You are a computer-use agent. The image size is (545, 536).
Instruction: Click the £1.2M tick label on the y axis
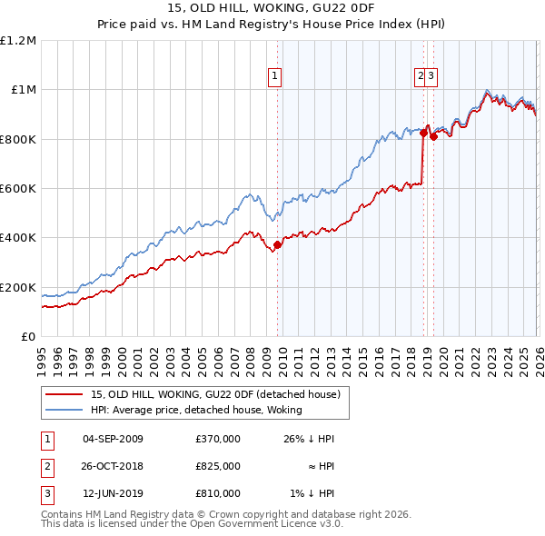pos(19,41)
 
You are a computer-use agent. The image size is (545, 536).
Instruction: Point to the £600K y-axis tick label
pos(18,189)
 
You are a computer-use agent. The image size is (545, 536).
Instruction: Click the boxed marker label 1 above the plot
pos(274,77)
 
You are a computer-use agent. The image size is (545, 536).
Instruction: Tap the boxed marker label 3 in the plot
pos(431,77)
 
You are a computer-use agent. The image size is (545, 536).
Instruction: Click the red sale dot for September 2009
pos(277,244)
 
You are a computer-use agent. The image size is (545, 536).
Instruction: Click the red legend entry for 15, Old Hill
pos(214,394)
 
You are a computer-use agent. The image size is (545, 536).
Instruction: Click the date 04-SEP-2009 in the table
pos(113,439)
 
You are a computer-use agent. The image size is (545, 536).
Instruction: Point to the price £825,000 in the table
pos(218,466)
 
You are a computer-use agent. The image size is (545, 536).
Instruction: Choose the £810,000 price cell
pos(218,493)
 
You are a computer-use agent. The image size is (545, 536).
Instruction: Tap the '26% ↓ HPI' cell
pos(308,439)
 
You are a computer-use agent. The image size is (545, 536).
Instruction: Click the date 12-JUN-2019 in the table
pos(113,493)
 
